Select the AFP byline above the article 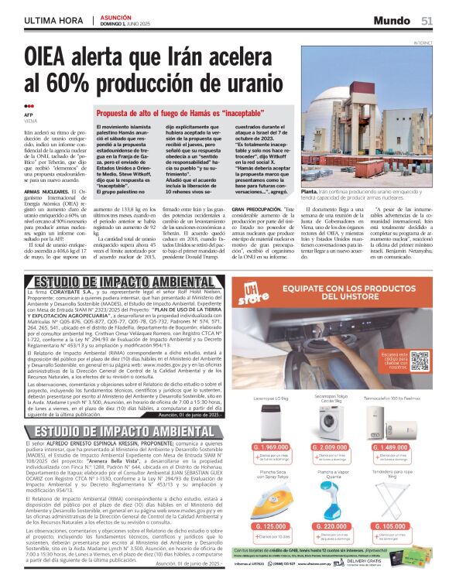(x=29, y=115)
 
